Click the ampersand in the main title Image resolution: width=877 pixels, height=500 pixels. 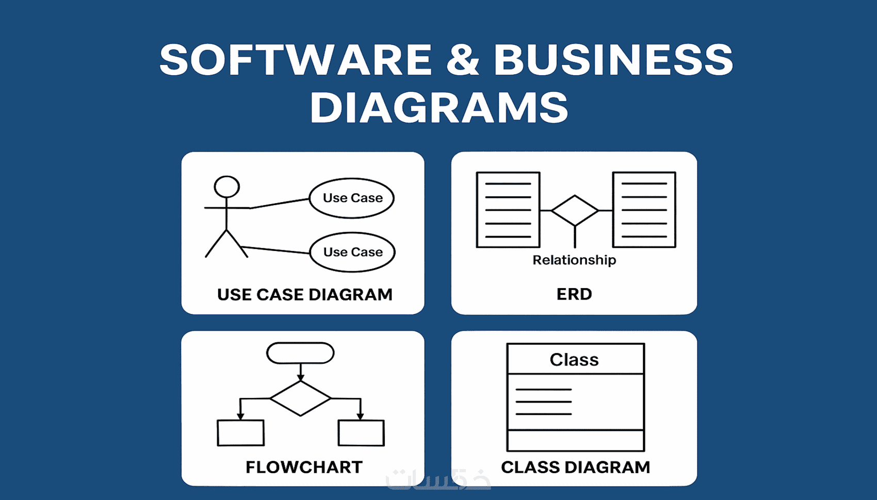463,59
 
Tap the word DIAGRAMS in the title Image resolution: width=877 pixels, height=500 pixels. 439,107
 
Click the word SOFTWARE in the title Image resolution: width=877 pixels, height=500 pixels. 296,59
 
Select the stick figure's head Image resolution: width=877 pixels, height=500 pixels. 226,187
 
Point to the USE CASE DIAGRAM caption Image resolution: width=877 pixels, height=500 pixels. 304,295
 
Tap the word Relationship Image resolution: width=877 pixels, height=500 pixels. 574,260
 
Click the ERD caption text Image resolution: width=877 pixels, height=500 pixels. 574,294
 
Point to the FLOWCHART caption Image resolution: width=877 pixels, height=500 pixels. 304,467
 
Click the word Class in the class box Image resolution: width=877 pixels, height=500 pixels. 574,360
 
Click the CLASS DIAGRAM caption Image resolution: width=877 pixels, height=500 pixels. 576,467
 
